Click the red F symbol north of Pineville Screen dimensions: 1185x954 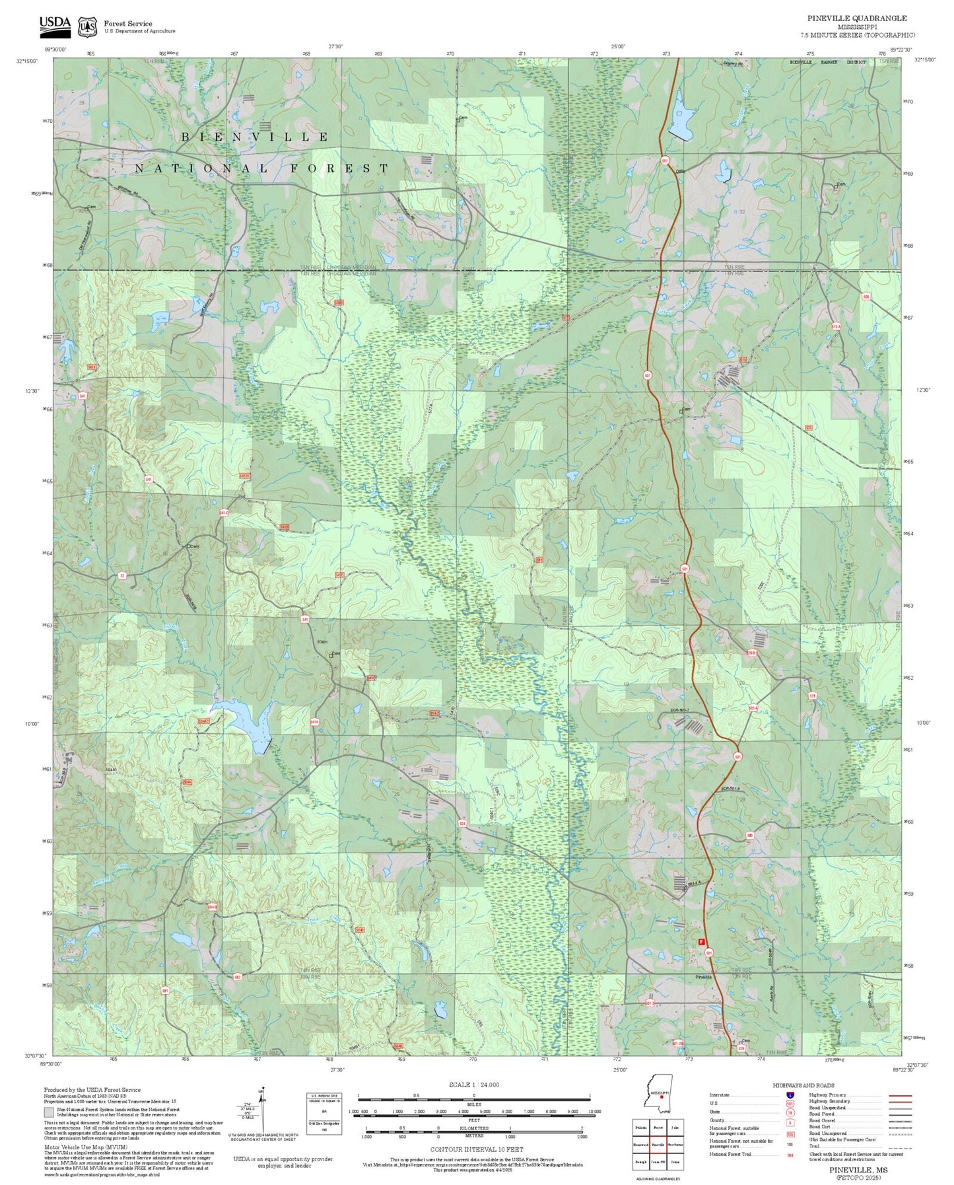pyautogui.click(x=701, y=942)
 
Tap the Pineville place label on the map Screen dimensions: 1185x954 pyautogui.click(x=704, y=976)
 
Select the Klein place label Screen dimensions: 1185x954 pyautogui.click(x=323, y=642)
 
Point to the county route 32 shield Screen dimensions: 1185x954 pyautogui.click(x=121, y=576)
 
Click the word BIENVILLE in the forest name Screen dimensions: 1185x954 pyautogui.click(x=255, y=137)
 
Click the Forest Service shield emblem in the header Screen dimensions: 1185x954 pyautogui.click(x=87, y=26)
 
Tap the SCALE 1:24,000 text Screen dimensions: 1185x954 pyautogui.click(x=473, y=1085)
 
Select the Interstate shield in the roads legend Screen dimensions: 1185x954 pyautogui.click(x=790, y=1095)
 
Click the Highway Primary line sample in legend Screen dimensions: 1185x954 pyautogui.click(x=900, y=1095)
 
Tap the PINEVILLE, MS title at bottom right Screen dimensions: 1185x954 pyautogui.click(x=858, y=1170)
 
